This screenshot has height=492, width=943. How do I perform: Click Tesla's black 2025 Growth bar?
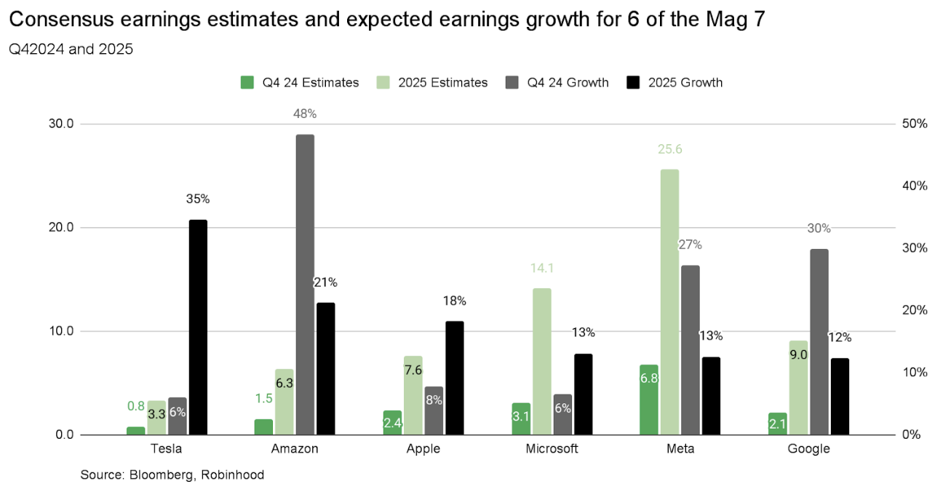pos(198,328)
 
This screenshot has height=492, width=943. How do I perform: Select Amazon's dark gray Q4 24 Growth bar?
pos(306,285)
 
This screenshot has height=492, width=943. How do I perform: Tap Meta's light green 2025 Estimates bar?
pos(669,302)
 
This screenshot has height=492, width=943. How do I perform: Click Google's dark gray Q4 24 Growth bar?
pos(818,342)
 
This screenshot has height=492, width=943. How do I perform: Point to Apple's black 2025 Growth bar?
pos(455,378)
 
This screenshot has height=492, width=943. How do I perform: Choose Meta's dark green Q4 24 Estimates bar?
pos(648,400)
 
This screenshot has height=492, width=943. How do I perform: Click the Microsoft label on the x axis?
pos(552,449)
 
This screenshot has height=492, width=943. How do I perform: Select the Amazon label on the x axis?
pos(295,449)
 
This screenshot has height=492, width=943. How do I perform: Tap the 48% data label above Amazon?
pos(306,114)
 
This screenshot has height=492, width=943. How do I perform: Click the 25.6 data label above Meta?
pos(669,149)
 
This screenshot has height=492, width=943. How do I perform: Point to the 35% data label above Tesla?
pos(198,199)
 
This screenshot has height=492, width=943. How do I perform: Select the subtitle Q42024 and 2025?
pos(71,51)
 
